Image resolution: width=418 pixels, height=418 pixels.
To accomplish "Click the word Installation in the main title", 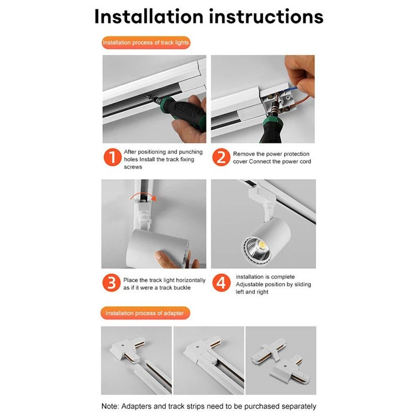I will pos(148,16).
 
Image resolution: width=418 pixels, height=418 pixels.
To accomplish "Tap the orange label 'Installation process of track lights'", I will pos(146,42).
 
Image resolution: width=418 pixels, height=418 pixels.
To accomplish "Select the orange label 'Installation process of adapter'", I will pos(145,313).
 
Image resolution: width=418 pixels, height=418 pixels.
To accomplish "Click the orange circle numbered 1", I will pos(112,158).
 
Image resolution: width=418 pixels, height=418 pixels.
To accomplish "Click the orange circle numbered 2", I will pos(221,158).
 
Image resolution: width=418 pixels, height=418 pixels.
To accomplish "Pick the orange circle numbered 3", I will pos(112,283).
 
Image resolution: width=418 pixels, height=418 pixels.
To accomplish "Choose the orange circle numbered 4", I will pos(221,283).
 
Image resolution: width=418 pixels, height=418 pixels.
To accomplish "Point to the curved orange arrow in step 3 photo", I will pos(141,197).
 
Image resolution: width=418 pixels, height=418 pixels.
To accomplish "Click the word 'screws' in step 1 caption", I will pos(133,167).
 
